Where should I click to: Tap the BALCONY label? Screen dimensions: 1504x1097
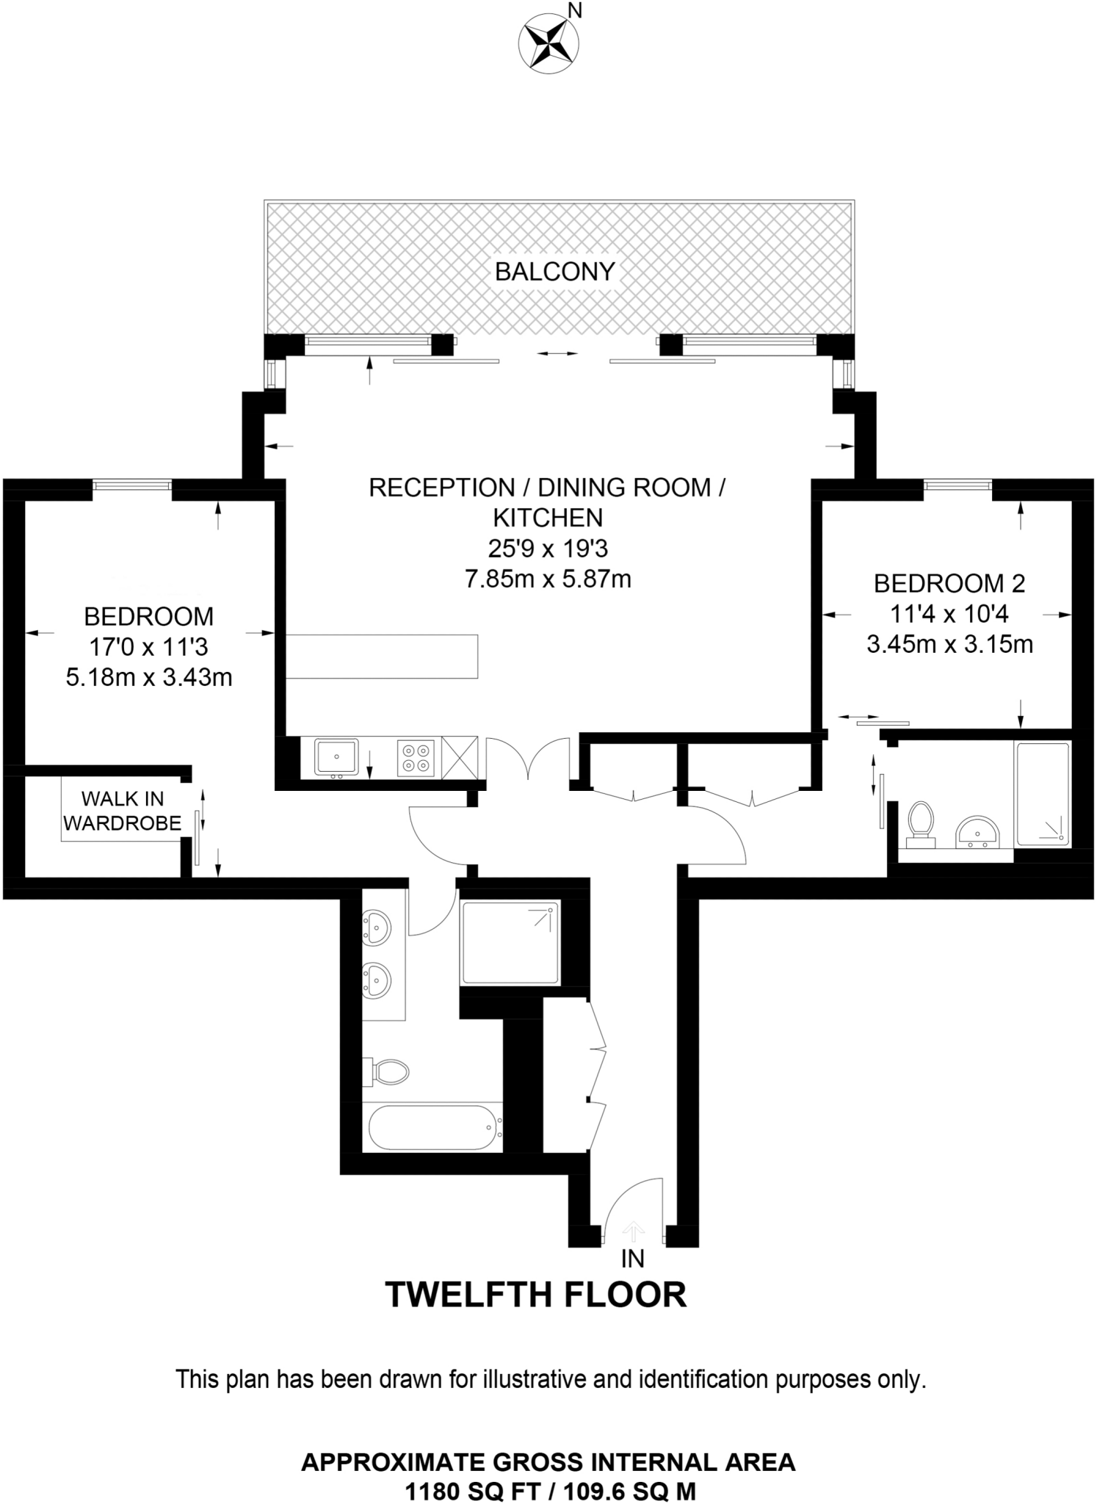pos(554,272)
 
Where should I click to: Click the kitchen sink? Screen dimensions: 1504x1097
pos(336,757)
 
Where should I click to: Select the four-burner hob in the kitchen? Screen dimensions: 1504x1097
pos(416,757)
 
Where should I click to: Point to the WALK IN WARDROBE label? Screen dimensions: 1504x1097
pos(122,811)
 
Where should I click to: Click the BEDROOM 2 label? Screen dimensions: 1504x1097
pos(949,583)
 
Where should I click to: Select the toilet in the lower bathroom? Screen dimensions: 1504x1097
pos(388,1071)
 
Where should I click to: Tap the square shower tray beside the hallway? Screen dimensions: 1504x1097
pos(510,943)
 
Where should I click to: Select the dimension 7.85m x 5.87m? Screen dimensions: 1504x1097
pos(548,579)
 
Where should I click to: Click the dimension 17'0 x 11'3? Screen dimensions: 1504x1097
pos(148,646)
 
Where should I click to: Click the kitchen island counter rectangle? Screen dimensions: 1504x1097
pos(382,656)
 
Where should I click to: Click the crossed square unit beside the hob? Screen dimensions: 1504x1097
pos(460,757)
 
